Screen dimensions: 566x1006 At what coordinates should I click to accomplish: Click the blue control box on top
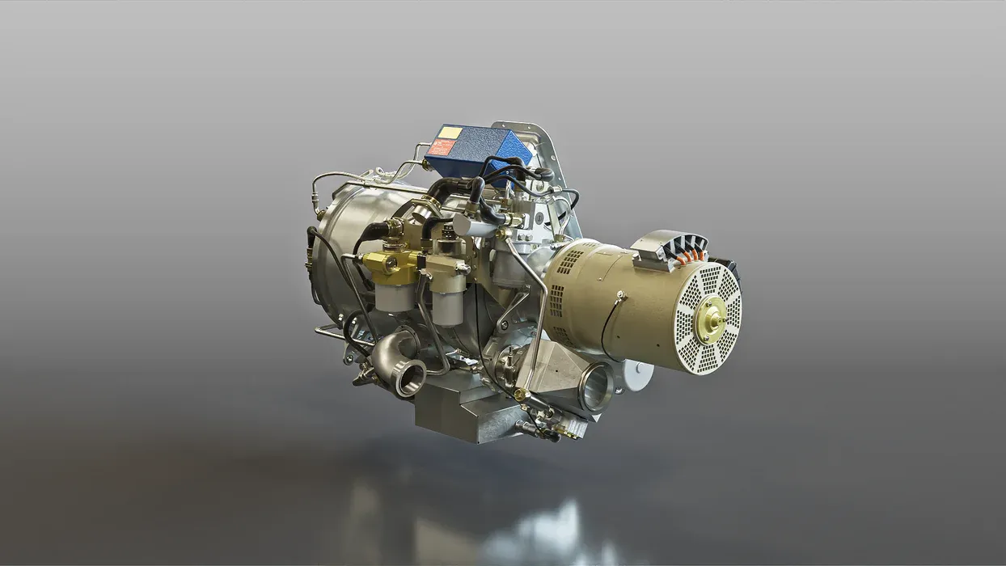click(477, 150)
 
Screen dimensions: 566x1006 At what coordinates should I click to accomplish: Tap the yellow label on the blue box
click(450, 133)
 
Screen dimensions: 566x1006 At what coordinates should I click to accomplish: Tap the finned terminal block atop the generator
click(670, 247)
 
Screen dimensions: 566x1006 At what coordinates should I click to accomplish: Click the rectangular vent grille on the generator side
click(570, 262)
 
